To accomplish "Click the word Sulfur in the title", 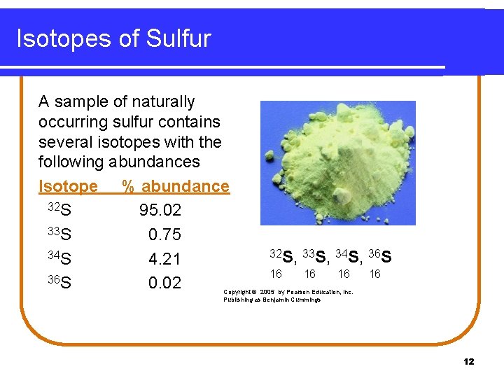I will pos(178,38).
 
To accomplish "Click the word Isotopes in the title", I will pos(66,38).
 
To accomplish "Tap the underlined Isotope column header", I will pos(68,186).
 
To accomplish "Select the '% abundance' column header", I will pos(176,186).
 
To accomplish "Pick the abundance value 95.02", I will pos(160,211).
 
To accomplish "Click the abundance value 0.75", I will pos(164,234).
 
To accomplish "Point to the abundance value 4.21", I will pos(164,259).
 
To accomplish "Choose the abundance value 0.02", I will pos(164,283).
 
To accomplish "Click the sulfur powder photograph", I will pos(337,162).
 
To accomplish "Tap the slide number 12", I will pos(468,362).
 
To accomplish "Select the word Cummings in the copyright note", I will pos(305,300).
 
